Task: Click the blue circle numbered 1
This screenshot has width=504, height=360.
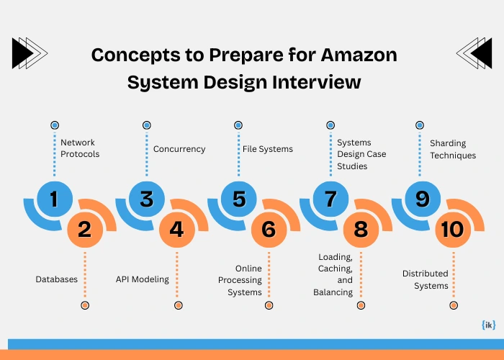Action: (x=54, y=198)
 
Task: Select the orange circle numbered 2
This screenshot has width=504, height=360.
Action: (x=85, y=230)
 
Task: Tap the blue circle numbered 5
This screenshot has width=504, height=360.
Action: (x=238, y=198)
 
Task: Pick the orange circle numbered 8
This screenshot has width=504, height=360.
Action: (x=361, y=230)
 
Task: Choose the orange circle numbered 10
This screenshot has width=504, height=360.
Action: (x=453, y=230)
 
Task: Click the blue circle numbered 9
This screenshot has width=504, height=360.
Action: (x=422, y=198)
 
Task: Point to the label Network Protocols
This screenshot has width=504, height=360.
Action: (x=79, y=148)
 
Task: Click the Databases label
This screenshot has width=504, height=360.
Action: (x=57, y=279)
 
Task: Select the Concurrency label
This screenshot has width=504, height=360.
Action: (x=179, y=149)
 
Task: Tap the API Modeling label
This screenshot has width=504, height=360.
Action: (x=143, y=279)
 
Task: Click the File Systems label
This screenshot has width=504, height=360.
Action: (x=267, y=149)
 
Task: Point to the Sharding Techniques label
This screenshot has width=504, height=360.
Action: (x=453, y=149)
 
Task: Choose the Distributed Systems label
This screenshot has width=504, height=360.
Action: (x=425, y=279)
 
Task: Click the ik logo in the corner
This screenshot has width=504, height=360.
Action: (x=488, y=325)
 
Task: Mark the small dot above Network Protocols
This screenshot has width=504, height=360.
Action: (x=55, y=125)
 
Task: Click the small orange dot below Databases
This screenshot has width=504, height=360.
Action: (x=85, y=305)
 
